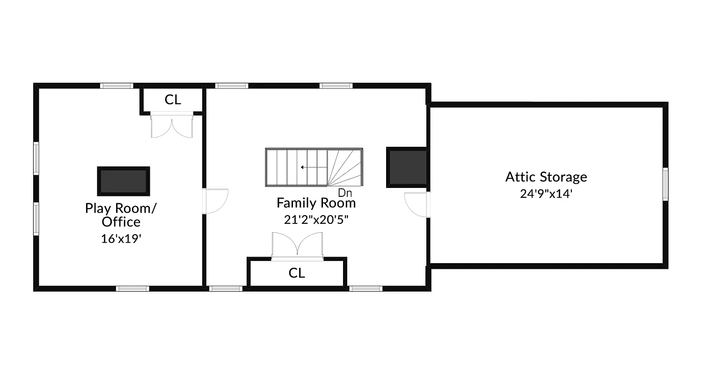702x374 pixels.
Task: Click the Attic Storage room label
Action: tap(546, 177)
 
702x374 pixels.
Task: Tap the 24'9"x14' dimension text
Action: tap(546, 194)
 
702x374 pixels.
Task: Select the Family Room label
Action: tap(316, 203)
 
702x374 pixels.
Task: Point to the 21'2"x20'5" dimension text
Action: tap(316, 219)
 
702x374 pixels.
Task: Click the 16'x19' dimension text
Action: tap(121, 239)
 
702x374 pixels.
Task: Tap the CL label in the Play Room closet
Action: tap(173, 100)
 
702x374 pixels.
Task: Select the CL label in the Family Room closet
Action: tap(297, 273)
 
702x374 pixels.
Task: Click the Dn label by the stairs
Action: tap(345, 193)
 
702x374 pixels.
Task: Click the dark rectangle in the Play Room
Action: tap(124, 181)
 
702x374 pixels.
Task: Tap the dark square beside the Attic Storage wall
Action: tap(407, 167)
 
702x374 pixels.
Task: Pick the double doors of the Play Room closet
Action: tap(171, 125)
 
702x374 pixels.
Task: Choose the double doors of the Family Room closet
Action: tap(297, 245)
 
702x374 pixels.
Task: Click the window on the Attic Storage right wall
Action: tap(665, 185)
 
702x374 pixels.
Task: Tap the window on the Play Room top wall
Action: tap(117, 86)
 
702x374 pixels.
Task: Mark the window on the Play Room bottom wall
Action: tap(132, 288)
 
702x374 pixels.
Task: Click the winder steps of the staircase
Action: tap(345, 167)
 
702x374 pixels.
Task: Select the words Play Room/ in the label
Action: tap(121, 208)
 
